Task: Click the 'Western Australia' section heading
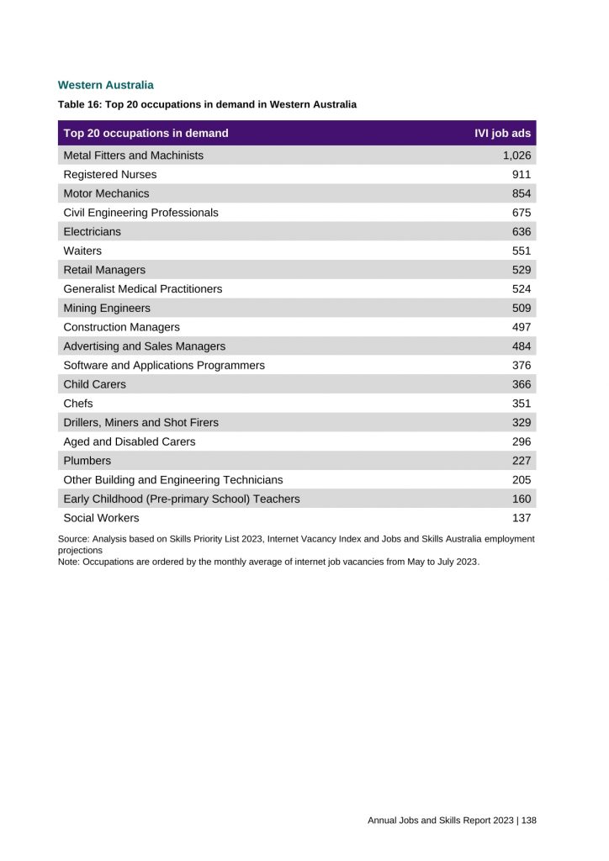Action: pos(105,85)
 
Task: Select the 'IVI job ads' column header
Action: pos(503,133)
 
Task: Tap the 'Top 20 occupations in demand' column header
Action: pos(146,133)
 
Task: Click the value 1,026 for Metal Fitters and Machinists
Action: pos(516,156)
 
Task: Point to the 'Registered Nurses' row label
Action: pos(110,175)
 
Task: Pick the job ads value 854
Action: pos(522,193)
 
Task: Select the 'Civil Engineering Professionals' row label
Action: pos(140,213)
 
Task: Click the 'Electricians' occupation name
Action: pos(93,231)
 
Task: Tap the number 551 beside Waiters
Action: pos(522,251)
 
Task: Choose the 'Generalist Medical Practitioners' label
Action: pos(143,288)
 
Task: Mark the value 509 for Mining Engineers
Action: pos(522,308)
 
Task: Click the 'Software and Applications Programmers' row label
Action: pos(164,365)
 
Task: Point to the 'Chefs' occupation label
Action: pos(78,404)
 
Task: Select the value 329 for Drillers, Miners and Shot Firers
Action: pos(522,422)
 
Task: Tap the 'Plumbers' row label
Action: pos(87,461)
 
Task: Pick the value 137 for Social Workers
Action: pos(522,518)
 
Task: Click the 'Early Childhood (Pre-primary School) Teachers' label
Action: pos(182,499)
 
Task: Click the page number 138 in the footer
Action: pos(529,820)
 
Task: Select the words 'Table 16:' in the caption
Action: pos(77,105)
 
